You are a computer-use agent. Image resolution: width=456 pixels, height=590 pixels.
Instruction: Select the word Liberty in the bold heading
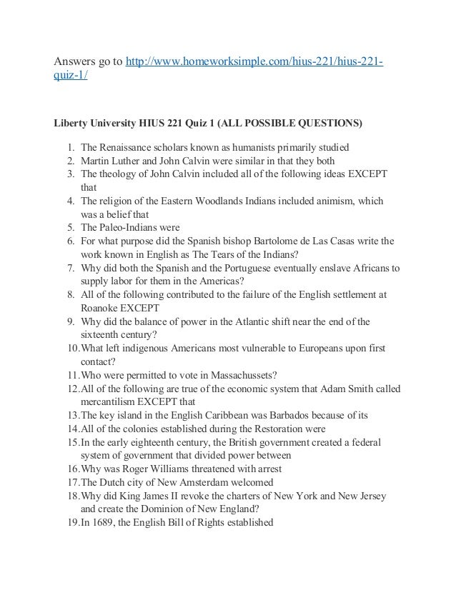click(x=74, y=122)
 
